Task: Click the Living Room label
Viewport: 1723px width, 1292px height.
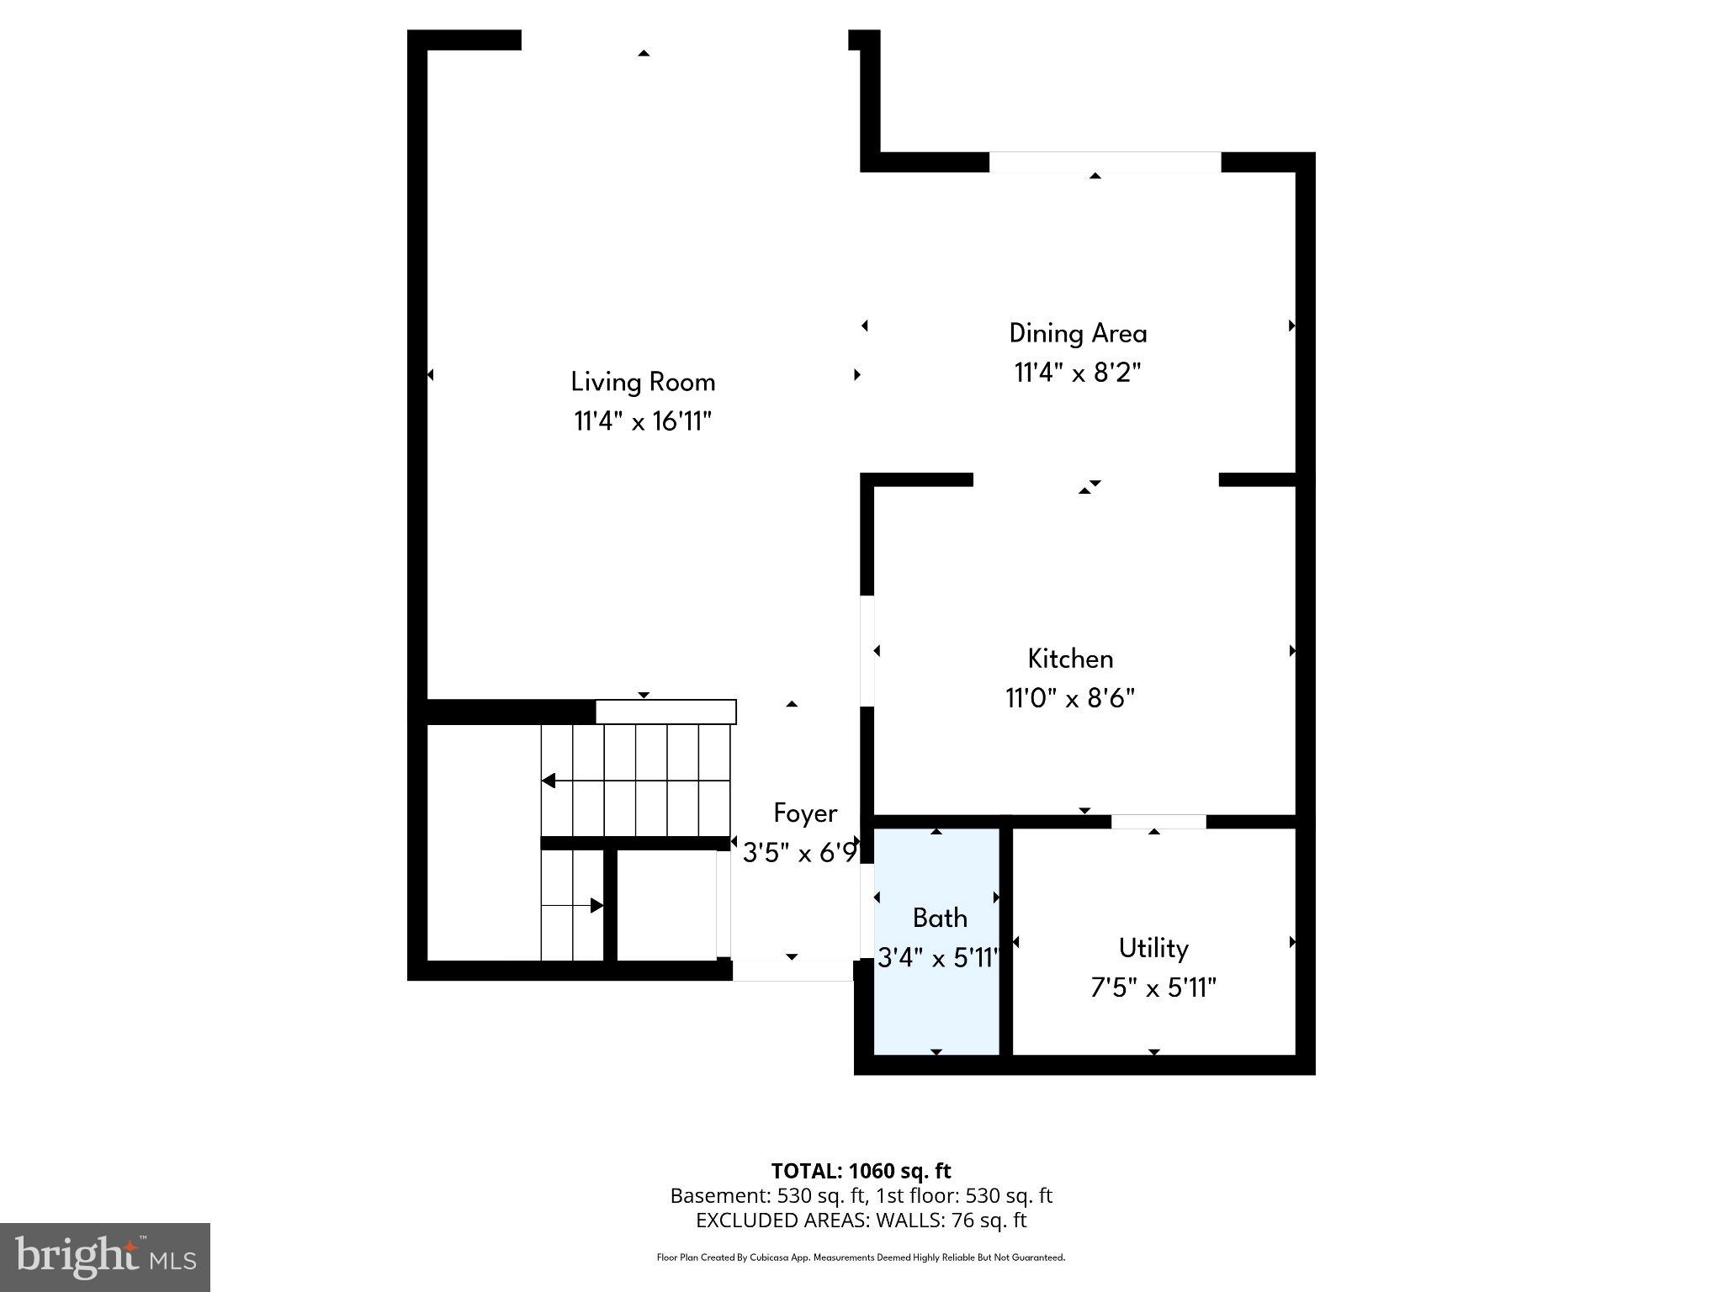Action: tap(643, 382)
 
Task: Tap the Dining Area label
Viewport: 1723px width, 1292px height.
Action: tap(1078, 333)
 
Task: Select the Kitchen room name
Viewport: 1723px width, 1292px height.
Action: tap(1070, 659)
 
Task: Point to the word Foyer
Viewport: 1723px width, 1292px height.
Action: tap(805, 813)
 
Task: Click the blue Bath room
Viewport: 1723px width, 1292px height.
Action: tap(937, 993)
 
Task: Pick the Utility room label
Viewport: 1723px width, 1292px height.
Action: tap(1153, 949)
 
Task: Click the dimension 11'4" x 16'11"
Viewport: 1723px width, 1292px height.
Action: tap(643, 421)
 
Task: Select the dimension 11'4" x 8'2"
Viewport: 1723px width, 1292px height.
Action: tap(1078, 372)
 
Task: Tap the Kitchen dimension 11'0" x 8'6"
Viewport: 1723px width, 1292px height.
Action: tap(1070, 698)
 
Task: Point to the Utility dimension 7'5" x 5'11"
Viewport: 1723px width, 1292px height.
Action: tap(1153, 988)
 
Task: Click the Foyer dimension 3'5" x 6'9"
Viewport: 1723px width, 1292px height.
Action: tap(800, 854)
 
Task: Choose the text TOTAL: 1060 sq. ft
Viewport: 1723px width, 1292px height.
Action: tap(861, 1171)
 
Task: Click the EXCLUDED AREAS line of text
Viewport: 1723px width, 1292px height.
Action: tap(861, 1220)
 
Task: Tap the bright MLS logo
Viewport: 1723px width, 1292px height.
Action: tap(105, 1258)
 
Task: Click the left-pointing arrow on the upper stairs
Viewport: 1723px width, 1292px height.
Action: tap(549, 781)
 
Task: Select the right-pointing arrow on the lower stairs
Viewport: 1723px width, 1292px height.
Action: tap(596, 906)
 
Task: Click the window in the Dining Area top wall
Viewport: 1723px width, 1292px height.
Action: tap(1105, 162)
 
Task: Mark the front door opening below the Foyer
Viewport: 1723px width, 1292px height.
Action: tap(793, 971)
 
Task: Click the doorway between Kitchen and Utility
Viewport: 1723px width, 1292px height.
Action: tap(1158, 822)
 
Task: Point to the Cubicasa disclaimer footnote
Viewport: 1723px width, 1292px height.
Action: tap(861, 1258)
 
